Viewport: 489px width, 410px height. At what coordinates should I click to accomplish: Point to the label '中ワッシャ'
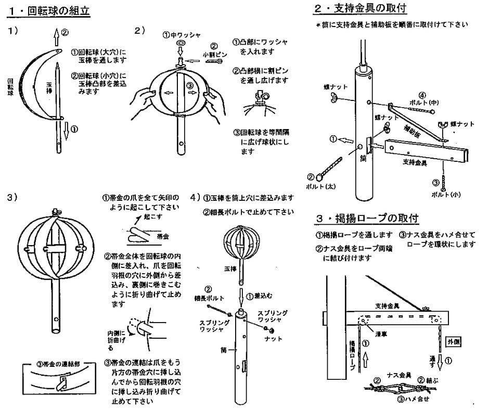pos(186,35)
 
